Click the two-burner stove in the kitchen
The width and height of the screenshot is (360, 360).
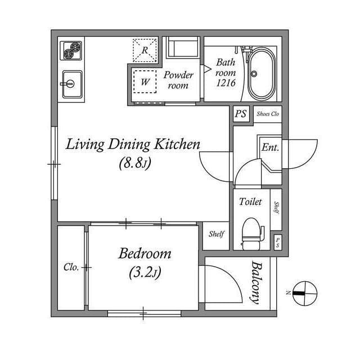point(71,51)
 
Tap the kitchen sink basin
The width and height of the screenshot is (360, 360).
point(72,84)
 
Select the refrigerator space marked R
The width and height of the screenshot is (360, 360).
point(145,50)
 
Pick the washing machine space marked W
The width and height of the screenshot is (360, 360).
point(145,82)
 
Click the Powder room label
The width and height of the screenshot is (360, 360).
point(178,80)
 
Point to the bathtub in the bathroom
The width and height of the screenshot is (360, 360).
point(262,74)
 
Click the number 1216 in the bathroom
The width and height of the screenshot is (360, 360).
point(226,83)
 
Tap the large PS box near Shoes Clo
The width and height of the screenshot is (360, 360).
point(241,114)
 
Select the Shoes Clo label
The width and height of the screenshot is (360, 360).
point(268,114)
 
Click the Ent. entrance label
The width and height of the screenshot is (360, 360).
point(270,147)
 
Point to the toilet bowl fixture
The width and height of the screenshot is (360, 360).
point(252,234)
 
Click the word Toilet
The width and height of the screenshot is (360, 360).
point(250,202)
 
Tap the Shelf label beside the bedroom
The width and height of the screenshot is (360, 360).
point(216,234)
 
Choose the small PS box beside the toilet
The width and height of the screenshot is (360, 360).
point(277,242)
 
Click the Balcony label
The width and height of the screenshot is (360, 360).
point(256,282)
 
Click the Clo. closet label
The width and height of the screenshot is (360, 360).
point(71,267)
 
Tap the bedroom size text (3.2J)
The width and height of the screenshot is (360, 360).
point(145,272)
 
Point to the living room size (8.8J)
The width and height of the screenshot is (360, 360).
point(135,163)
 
